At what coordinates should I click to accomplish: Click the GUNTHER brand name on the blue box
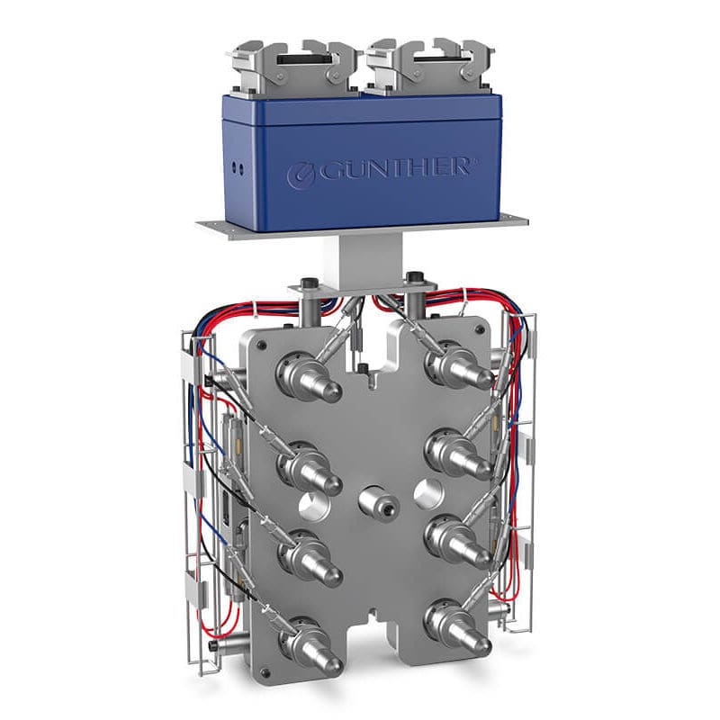click(x=393, y=168)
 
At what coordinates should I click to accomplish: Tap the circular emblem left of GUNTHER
click(x=301, y=175)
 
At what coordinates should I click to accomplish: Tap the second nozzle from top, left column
click(x=309, y=467)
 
